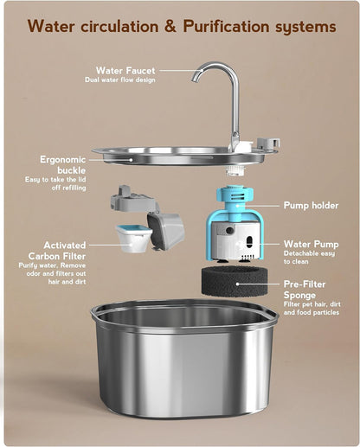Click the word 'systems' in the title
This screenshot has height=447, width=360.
pos(306,27)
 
